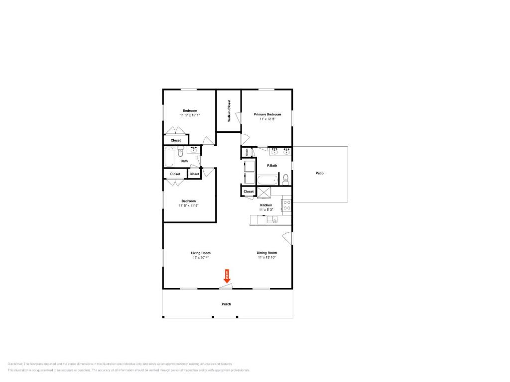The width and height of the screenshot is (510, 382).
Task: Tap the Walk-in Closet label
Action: coord(229,111)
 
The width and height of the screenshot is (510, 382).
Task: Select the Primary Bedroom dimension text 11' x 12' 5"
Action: coord(267,119)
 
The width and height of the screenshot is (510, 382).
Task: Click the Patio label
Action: coord(319,173)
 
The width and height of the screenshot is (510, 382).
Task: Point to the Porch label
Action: coord(226,304)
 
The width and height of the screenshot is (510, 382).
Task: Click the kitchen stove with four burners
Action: coord(287,205)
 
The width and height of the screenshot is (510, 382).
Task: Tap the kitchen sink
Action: coord(271,220)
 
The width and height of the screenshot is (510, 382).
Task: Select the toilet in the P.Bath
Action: coord(285,179)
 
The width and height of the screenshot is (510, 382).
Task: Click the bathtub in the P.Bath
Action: coord(267,180)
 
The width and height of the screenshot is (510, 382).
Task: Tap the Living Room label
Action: coord(201,253)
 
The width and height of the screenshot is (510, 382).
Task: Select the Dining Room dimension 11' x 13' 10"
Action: coord(267,258)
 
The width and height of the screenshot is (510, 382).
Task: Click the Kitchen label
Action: coord(266,205)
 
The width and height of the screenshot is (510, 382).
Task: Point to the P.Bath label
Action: coord(272,165)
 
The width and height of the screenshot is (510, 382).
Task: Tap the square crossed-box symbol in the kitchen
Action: coord(263,192)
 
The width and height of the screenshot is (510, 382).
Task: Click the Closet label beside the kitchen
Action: coord(249,191)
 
